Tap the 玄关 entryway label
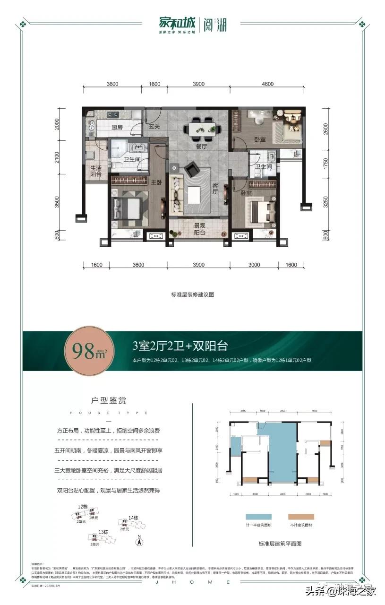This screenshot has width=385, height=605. point(154,127)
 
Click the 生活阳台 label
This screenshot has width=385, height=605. point(96,171)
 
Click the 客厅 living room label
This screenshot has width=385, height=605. point(214,189)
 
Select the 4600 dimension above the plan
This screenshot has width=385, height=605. point(267,84)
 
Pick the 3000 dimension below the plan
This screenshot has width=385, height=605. point(254,265)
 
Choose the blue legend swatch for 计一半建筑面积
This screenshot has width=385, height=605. point(258,517)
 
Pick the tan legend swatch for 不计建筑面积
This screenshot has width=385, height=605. point(300,517)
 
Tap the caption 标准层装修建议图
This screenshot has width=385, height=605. point(193,294)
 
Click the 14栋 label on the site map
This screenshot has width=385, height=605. point(132,519)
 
